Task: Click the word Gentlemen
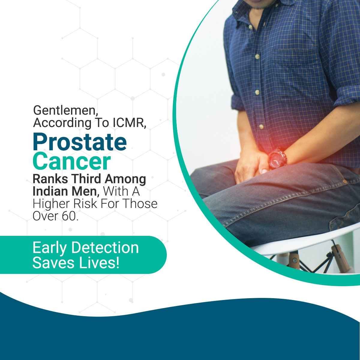pos(66,111)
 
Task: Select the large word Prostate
pos(80,142)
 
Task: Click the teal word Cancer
pos(72,161)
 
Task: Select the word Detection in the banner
pos(105,248)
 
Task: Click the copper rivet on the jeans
pos(345,181)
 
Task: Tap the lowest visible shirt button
pos(261,127)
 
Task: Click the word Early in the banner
pos(49,248)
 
